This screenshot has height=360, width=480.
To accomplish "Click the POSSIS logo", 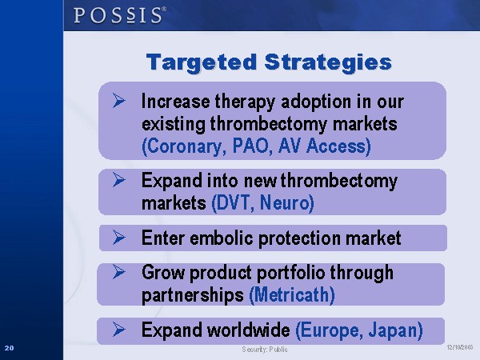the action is click(x=120, y=15).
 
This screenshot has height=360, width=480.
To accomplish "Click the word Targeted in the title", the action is click(x=202, y=63).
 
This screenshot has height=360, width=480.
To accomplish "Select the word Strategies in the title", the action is click(x=328, y=63).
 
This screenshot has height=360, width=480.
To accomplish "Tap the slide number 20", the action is click(x=9, y=348).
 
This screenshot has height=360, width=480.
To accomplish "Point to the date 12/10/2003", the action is click(x=460, y=347).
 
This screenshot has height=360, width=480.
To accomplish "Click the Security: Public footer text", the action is click(x=265, y=350).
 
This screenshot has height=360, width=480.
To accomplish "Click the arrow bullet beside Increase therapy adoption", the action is click(x=118, y=101).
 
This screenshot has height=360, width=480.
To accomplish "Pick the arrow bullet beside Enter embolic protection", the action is click(x=118, y=238).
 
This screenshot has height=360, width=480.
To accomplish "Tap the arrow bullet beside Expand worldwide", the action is click(x=118, y=330).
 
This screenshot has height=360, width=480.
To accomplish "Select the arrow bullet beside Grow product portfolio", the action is click(x=118, y=271).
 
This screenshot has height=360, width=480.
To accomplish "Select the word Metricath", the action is click(x=292, y=295).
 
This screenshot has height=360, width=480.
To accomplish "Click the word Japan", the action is click(x=395, y=330).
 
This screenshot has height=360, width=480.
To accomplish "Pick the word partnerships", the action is click(x=193, y=296).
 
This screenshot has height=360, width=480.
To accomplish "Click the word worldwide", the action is click(x=248, y=330).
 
